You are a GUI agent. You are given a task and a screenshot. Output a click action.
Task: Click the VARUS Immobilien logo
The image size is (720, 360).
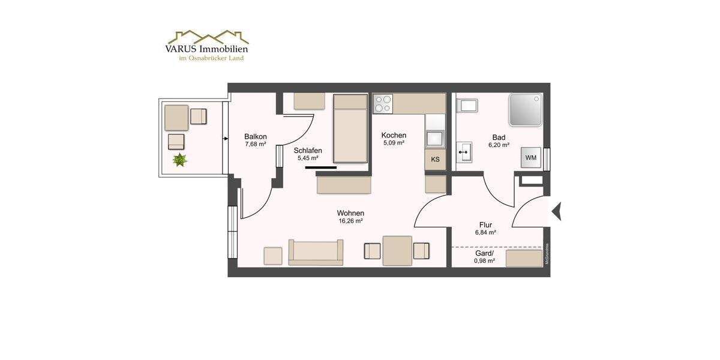point(207,46)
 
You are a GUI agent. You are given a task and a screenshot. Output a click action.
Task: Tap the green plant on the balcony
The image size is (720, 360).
point(179,160)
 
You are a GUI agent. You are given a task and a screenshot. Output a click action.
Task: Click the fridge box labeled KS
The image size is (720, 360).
point(435,160)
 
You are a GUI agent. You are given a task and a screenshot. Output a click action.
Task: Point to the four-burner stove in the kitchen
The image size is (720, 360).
point(382,104)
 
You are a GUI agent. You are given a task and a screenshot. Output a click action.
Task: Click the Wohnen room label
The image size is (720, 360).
point(350,213)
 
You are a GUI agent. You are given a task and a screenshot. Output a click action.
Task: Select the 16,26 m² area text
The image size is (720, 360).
point(350,221)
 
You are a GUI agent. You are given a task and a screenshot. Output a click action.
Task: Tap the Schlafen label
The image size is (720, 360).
point(308,151)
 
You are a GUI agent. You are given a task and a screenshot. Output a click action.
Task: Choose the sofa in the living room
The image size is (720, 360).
point(316,253)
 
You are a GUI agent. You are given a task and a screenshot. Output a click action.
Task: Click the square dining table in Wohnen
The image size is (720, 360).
point(397,251)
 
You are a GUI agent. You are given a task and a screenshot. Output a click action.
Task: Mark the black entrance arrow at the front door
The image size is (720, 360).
point(556,211)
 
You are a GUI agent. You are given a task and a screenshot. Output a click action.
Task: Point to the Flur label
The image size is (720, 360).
point(485,225)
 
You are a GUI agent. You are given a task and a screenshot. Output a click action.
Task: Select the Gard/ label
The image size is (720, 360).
point(485,253)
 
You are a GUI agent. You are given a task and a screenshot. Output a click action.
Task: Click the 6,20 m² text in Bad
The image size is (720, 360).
point(498,145)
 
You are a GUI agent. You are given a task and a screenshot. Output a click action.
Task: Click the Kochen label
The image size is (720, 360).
point(394,136)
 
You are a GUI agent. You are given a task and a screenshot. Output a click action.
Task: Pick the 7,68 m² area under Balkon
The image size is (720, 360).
point(255,144)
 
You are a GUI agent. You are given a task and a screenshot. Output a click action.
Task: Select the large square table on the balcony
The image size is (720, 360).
point(176,118)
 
